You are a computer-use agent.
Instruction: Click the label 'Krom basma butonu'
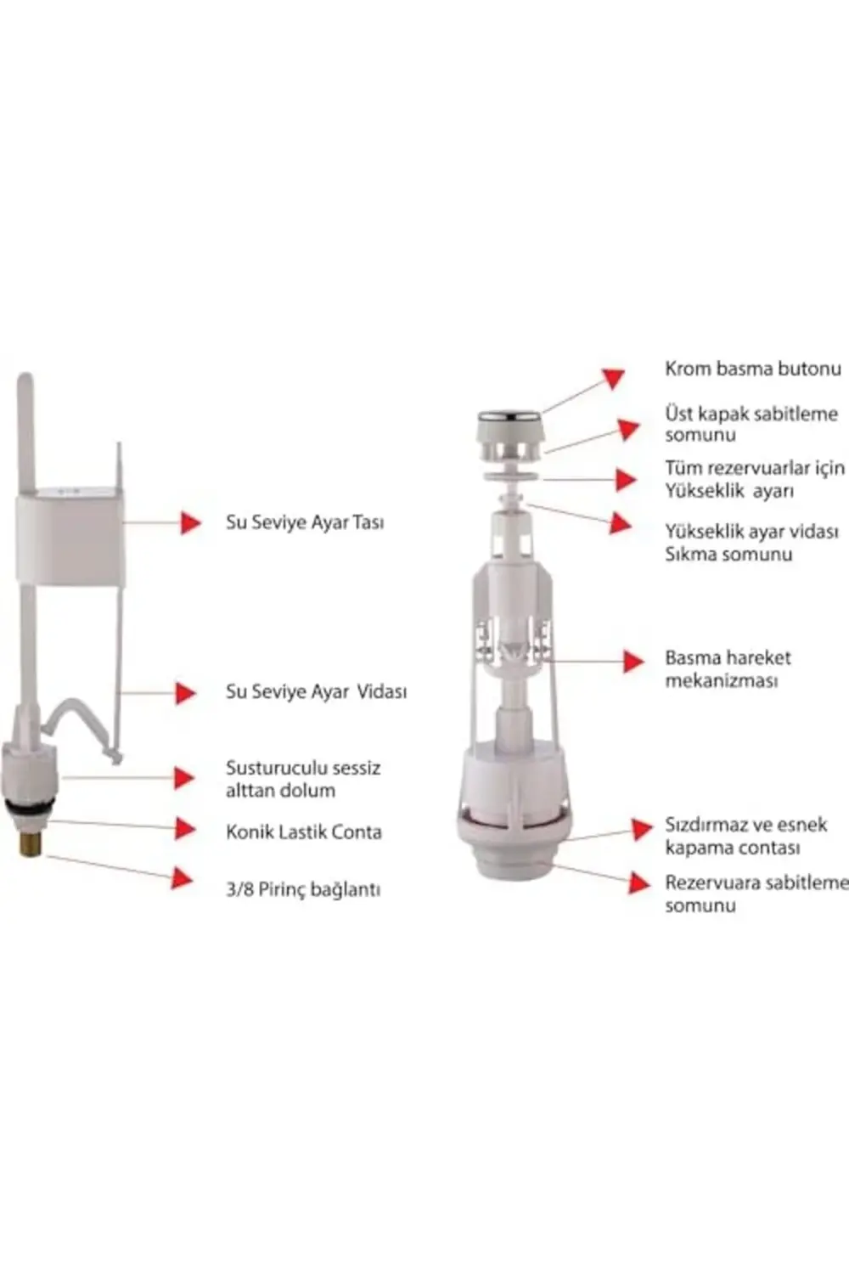pos(752,369)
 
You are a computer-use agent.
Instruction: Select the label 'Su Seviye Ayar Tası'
pos(305,521)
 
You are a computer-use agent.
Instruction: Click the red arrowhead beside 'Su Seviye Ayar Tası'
pos(190,522)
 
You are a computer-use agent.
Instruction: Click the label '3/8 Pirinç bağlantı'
pos(302,889)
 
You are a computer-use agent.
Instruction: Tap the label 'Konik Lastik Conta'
pos(303,831)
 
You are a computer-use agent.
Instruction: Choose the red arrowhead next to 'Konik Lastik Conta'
pos(185,828)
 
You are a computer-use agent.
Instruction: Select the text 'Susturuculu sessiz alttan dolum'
pos(302,779)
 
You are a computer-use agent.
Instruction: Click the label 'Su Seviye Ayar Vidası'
pos(316,691)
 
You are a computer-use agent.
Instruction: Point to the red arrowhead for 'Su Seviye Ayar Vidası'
pos(185,692)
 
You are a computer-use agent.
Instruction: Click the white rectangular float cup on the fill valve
pos(70,539)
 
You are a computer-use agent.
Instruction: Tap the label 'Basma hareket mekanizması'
pos(728,668)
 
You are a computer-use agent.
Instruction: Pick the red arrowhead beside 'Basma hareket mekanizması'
pos(633,660)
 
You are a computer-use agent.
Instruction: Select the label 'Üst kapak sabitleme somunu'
pos(751,424)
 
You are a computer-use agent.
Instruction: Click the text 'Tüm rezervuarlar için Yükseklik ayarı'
pos(754,479)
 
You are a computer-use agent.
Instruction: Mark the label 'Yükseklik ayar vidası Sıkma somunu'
pos(751,543)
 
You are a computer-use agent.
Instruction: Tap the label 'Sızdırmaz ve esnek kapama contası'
pos(745,836)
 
